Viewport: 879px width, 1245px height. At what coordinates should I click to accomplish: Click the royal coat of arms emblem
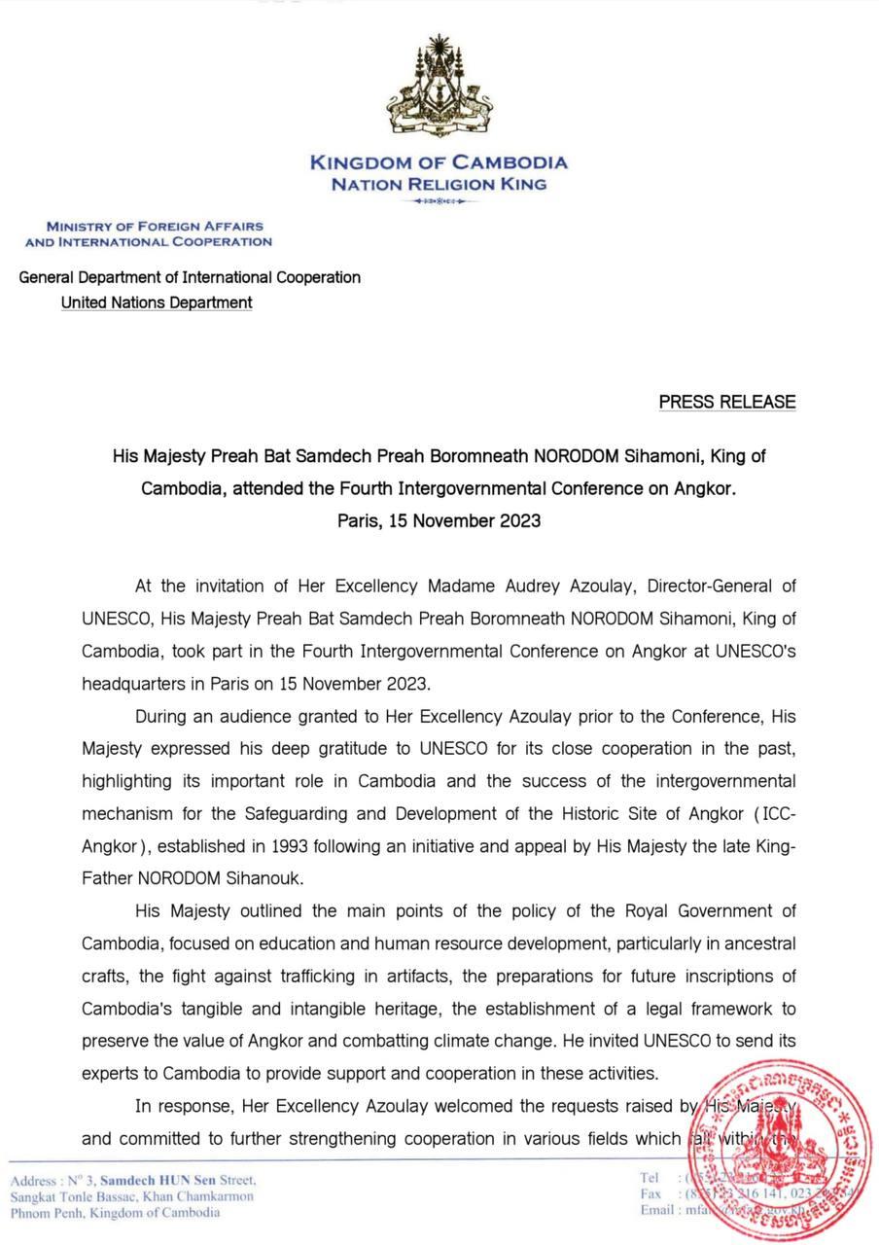pyautogui.click(x=439, y=89)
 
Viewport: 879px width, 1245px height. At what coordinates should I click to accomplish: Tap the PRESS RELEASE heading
pyautogui.click(x=727, y=402)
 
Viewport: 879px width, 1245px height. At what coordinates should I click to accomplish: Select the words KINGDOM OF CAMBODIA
pyautogui.click(x=439, y=162)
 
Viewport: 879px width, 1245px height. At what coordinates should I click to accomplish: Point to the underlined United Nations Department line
pyautogui.click(x=157, y=302)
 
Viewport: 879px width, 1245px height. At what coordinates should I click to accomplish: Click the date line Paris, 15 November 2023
pyautogui.click(x=439, y=520)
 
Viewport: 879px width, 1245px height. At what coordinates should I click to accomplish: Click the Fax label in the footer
pyautogui.click(x=650, y=1193)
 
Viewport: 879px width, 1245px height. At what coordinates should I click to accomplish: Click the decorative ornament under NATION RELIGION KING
pyautogui.click(x=439, y=201)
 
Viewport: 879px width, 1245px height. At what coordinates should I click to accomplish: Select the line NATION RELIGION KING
pyautogui.click(x=439, y=184)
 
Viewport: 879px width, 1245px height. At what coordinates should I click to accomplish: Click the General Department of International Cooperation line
pyautogui.click(x=190, y=277)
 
